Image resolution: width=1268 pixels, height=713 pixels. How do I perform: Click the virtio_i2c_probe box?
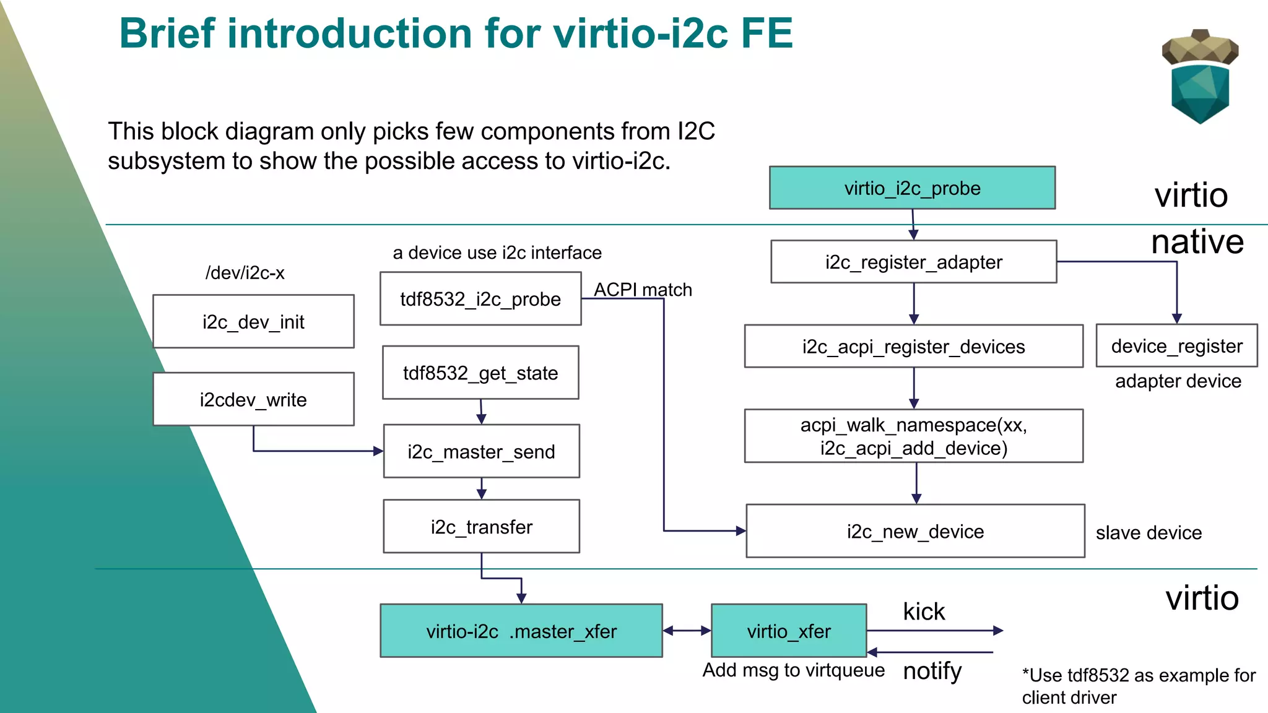click(x=912, y=188)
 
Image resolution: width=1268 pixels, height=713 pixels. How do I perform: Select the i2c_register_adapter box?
click(x=913, y=262)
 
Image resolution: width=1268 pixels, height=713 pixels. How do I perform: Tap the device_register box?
click(x=1176, y=345)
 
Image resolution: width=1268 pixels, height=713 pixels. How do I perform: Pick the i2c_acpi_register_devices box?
click(x=913, y=346)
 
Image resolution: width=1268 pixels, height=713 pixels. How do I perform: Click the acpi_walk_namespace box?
click(x=913, y=436)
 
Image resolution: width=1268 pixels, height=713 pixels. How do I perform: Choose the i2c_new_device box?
click(x=915, y=531)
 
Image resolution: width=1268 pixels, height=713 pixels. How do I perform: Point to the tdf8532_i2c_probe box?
click(x=480, y=299)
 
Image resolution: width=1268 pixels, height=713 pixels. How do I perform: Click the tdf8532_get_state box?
click(x=480, y=373)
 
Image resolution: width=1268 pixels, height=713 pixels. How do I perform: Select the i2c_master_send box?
click(x=481, y=451)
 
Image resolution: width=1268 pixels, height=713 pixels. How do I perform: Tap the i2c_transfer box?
click(x=481, y=527)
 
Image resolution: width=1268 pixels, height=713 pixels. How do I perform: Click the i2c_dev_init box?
click(x=253, y=321)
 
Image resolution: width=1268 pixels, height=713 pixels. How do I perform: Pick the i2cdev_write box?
click(x=253, y=399)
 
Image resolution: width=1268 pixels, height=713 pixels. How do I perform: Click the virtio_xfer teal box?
click(x=789, y=631)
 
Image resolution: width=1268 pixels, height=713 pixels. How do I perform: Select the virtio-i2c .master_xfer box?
click(x=521, y=631)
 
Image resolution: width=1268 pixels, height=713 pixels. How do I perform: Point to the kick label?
click(x=924, y=611)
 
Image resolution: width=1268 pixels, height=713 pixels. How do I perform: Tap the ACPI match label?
click(x=643, y=289)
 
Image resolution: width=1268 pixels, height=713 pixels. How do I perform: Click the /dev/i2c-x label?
click(x=245, y=272)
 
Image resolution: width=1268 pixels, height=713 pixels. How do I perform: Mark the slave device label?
click(x=1149, y=532)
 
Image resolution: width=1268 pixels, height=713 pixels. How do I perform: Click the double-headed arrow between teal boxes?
click(x=687, y=631)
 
